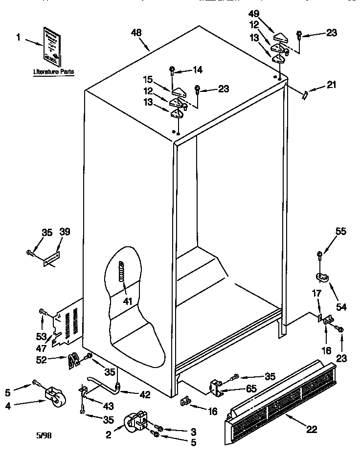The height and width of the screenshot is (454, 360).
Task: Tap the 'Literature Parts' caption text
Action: point(53,72)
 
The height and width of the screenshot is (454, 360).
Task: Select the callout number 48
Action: point(137,33)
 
